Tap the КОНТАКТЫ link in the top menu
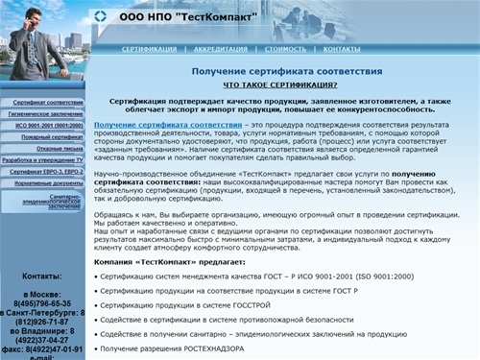342,48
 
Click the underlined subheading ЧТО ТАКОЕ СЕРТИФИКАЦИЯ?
274,85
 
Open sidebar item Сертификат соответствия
48,101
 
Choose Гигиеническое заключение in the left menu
48,113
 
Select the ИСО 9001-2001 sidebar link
48,126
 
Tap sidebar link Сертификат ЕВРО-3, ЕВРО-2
48,172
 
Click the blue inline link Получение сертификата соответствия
168,126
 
